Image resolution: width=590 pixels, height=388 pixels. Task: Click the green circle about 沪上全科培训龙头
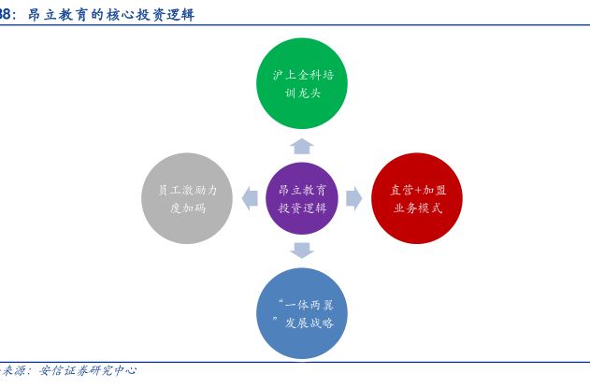click(x=302, y=83)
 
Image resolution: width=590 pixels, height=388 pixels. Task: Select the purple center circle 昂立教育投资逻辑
click(x=302, y=198)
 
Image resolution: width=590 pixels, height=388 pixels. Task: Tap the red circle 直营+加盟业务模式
click(x=417, y=198)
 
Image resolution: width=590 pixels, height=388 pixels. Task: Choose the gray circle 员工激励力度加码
click(x=187, y=198)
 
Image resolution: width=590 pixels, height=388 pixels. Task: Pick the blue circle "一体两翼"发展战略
click(x=302, y=313)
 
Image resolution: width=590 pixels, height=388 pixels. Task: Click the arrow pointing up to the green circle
click(x=302, y=147)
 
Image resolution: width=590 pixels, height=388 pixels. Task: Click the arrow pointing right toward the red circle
click(x=354, y=198)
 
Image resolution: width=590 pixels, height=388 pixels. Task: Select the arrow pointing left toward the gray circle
click(x=250, y=198)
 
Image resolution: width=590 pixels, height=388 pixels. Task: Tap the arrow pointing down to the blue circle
click(x=302, y=251)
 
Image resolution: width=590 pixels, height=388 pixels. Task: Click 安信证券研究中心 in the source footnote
click(x=88, y=370)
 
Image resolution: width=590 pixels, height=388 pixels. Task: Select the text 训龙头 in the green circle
click(x=303, y=93)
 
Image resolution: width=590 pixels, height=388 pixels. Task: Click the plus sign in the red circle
click(x=418, y=190)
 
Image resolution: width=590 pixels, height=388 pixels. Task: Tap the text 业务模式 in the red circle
click(x=418, y=208)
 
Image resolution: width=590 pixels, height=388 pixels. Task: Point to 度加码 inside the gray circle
click(x=188, y=208)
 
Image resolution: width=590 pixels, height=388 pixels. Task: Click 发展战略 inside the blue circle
click(x=309, y=323)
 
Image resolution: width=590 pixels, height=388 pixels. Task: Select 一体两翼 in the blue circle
click(x=309, y=305)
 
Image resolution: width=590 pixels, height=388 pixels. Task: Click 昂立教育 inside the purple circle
click(x=303, y=190)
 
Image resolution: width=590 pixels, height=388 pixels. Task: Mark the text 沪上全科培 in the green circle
click(x=303, y=75)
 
